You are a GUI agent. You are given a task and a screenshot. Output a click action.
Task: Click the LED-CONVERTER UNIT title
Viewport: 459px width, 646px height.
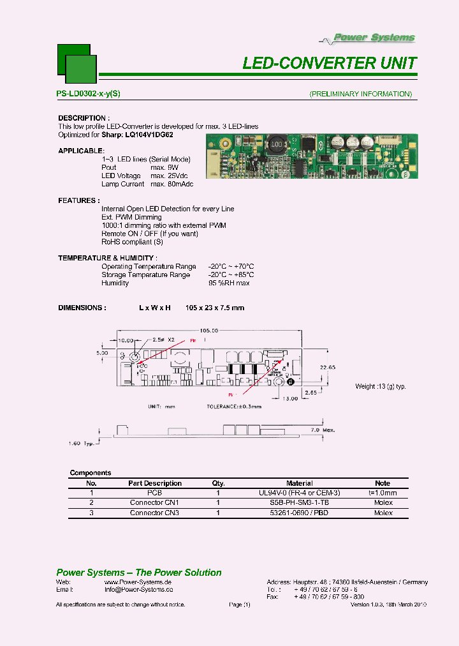click(330, 63)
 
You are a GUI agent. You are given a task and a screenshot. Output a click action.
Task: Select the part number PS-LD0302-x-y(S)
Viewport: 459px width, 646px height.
click(88, 94)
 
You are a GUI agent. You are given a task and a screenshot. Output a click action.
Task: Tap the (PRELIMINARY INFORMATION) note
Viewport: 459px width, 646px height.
click(360, 94)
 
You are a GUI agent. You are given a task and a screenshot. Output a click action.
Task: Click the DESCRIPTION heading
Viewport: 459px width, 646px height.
click(84, 118)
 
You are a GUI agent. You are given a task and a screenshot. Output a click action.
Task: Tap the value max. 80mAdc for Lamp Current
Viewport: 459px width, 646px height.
click(171, 184)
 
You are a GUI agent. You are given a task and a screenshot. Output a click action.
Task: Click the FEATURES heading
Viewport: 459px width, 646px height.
click(78, 200)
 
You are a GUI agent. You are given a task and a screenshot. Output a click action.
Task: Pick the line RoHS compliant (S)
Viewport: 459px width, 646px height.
click(132, 242)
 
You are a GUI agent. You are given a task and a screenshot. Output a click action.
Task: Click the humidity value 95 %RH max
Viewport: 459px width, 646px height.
click(229, 283)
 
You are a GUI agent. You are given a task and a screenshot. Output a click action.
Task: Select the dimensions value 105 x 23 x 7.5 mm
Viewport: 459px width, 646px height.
click(215, 308)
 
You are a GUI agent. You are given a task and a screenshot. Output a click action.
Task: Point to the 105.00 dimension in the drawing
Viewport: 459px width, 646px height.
click(208, 331)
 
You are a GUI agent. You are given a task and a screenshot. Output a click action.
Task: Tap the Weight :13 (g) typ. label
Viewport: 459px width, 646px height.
click(381, 386)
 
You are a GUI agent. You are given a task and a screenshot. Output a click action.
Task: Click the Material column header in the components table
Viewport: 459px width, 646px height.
click(299, 483)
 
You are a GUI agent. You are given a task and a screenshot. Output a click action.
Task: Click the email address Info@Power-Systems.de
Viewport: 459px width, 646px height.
click(138, 590)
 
